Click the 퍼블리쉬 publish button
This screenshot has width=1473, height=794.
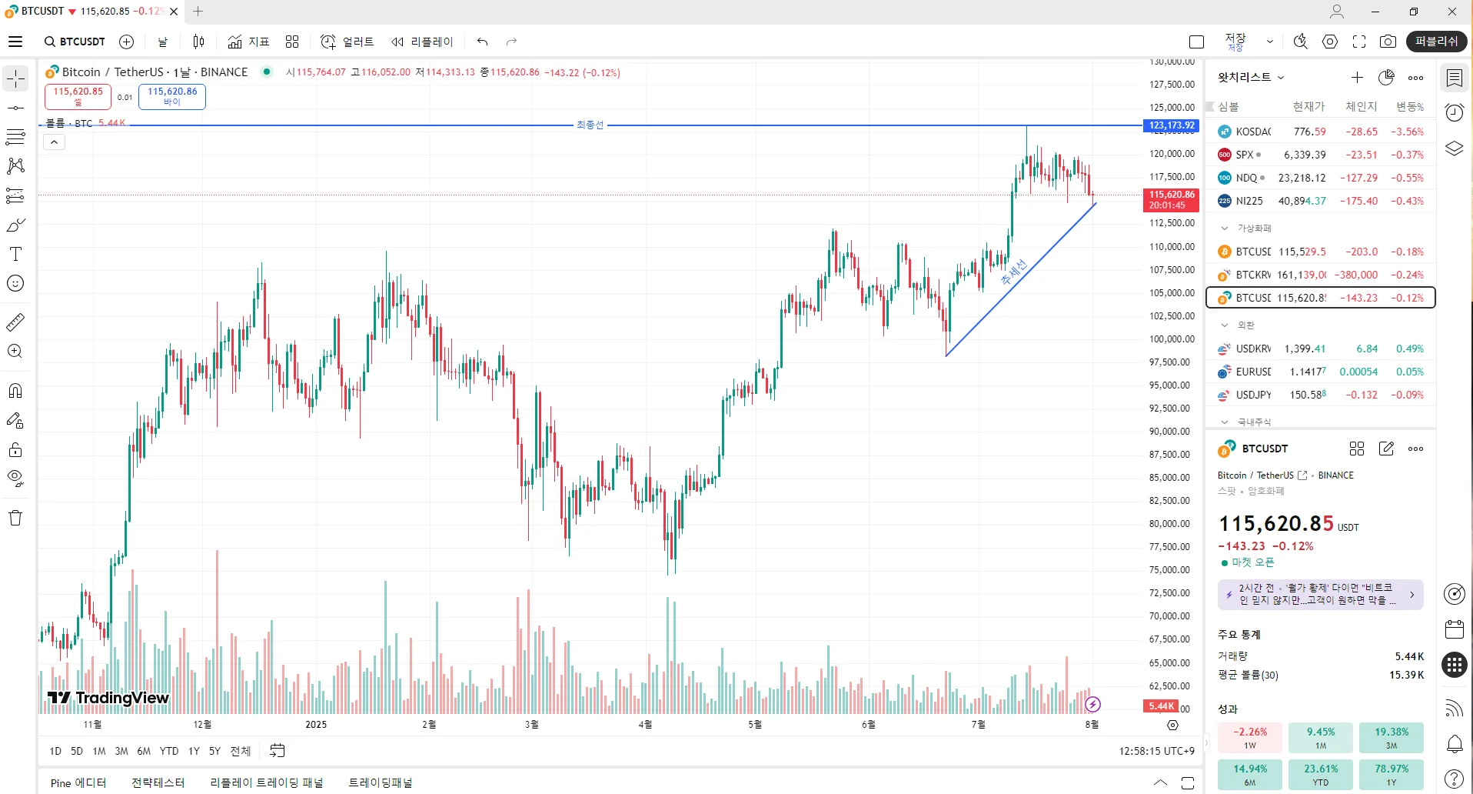click(x=1435, y=42)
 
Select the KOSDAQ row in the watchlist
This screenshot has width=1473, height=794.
click(x=1320, y=132)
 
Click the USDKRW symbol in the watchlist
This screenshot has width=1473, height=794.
click(x=1253, y=349)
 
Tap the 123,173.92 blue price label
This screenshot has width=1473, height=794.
click(x=1171, y=125)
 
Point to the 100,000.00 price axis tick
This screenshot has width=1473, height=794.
click(x=1172, y=339)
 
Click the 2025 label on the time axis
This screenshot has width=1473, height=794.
click(x=316, y=725)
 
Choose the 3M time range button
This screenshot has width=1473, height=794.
click(x=121, y=751)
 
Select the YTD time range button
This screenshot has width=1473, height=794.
click(x=169, y=751)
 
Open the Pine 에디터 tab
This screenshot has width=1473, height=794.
click(x=78, y=783)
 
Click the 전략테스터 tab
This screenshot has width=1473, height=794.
click(x=158, y=783)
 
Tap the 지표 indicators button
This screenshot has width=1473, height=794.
click(x=248, y=42)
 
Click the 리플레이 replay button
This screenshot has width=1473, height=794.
click(x=422, y=42)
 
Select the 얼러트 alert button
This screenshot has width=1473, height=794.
click(x=347, y=42)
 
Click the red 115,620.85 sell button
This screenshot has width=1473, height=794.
click(x=78, y=96)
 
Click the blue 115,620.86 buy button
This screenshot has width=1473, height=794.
click(x=172, y=96)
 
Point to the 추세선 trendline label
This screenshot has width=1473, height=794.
click(x=1013, y=272)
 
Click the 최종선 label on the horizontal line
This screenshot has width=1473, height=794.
click(x=590, y=125)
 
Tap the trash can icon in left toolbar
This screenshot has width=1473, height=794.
click(x=15, y=518)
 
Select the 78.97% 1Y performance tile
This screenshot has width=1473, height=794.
click(x=1391, y=774)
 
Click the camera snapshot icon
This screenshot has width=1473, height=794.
click(x=1388, y=42)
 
